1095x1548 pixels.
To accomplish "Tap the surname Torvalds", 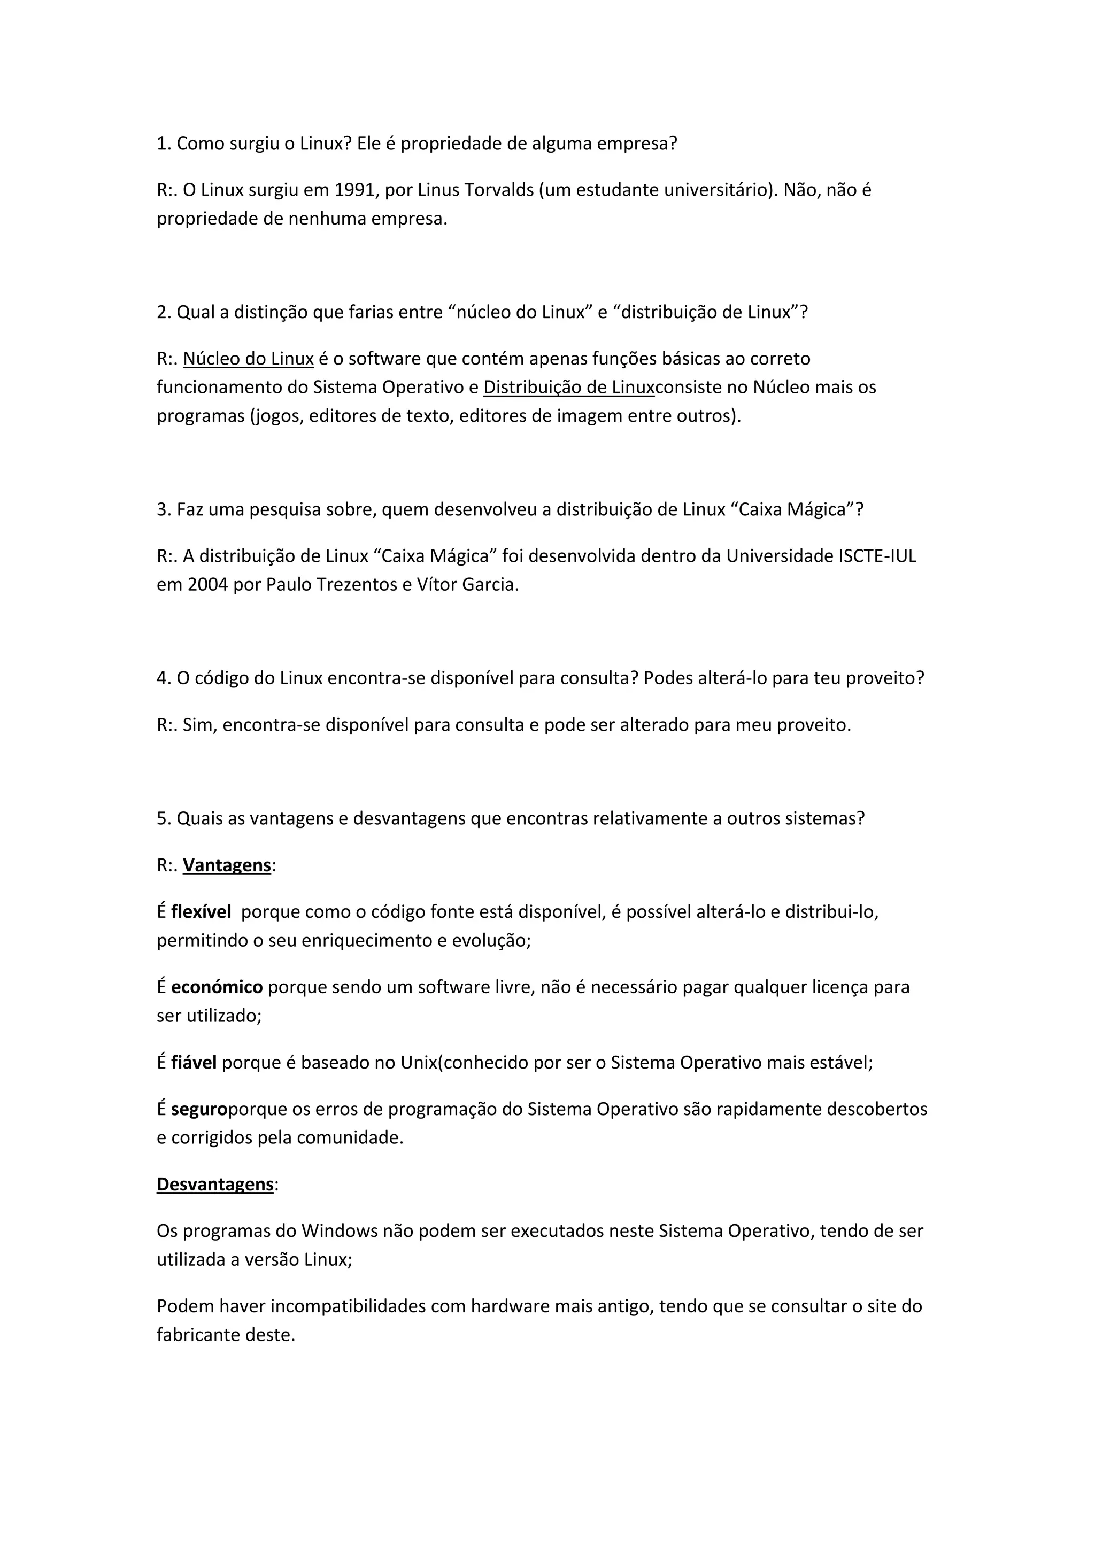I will point(499,190).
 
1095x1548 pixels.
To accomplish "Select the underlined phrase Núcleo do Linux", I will point(248,359).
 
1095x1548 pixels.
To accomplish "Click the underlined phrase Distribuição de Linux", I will point(568,387).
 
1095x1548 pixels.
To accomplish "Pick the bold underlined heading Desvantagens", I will point(215,1184).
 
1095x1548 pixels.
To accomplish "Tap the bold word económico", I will point(217,987).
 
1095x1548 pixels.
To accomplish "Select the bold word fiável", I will point(194,1063).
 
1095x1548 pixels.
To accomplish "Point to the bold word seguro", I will point(199,1109).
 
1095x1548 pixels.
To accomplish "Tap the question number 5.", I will point(163,818).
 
